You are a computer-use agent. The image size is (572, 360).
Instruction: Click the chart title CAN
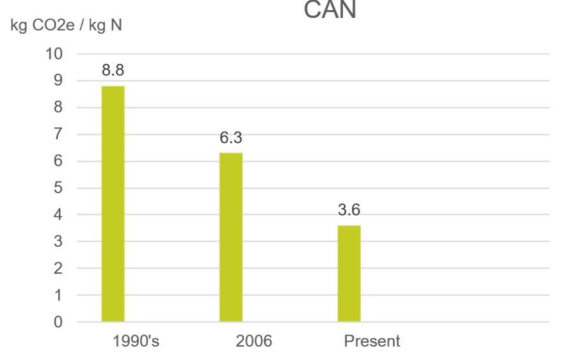point(330,10)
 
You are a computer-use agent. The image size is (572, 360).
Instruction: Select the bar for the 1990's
point(113,204)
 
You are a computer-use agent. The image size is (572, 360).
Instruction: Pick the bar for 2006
point(231,237)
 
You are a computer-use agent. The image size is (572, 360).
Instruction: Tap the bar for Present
point(349,274)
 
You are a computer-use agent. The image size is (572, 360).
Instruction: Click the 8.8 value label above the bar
point(113,71)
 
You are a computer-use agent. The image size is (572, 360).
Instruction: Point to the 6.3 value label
point(231,138)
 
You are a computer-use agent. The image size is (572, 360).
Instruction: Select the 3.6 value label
point(349,210)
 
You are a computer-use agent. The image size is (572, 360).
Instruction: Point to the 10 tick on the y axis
point(54,54)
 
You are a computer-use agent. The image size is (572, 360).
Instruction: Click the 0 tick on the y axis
point(58,322)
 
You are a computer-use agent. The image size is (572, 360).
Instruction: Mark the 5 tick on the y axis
point(58,188)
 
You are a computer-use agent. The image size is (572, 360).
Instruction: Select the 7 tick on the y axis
point(58,134)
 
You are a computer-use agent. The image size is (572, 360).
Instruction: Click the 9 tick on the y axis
point(58,81)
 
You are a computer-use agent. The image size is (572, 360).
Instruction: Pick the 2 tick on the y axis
point(58,269)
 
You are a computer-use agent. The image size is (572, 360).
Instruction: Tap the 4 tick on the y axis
point(58,215)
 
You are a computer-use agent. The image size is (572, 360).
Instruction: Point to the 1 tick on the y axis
point(58,295)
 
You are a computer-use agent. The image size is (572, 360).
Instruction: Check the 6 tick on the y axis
point(58,161)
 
